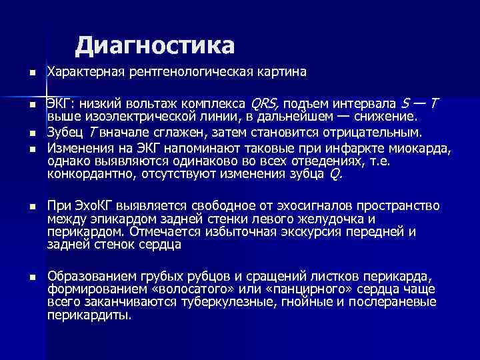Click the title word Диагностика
[x=155, y=45]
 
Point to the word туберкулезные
[x=221, y=302]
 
